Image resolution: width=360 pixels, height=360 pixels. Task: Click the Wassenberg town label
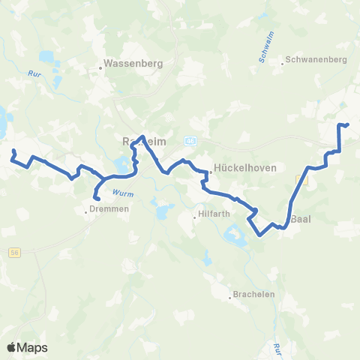coord(136,63)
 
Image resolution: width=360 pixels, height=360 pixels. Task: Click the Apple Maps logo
coord(26,347)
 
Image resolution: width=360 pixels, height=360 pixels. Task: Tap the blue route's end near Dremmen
coord(94,198)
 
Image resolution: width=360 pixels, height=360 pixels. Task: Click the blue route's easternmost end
coord(348,124)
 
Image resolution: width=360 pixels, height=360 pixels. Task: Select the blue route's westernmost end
coord(13,151)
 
